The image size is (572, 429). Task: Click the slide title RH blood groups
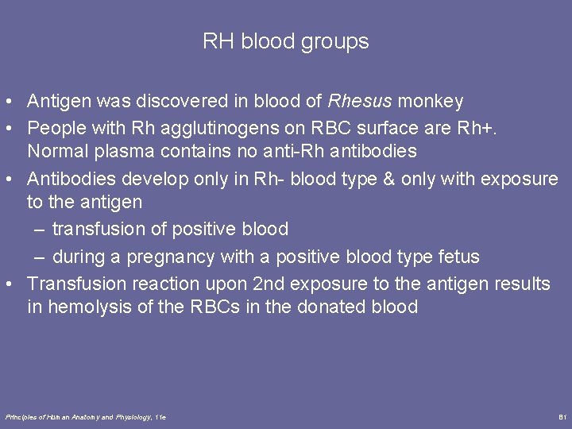coord(286,41)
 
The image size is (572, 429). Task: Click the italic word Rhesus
coord(360,102)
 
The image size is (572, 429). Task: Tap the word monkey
coord(431,102)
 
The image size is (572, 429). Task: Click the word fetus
coord(456,257)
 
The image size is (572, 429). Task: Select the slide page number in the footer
coord(561,417)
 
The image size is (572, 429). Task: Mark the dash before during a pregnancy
coord(40,257)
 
